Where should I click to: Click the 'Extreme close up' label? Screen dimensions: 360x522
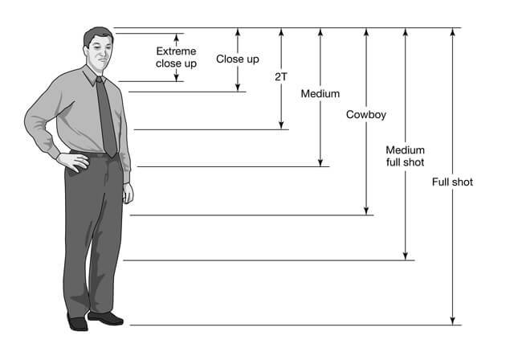[x=176, y=56]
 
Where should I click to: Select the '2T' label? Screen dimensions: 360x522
[x=280, y=77]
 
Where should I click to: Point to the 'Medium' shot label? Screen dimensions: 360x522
[x=320, y=94]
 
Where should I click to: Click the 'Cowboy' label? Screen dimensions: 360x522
[x=366, y=115]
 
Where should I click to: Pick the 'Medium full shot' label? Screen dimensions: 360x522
[x=405, y=156]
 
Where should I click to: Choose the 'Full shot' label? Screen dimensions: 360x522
[x=452, y=182]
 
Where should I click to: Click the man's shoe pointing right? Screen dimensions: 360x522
[x=107, y=318]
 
